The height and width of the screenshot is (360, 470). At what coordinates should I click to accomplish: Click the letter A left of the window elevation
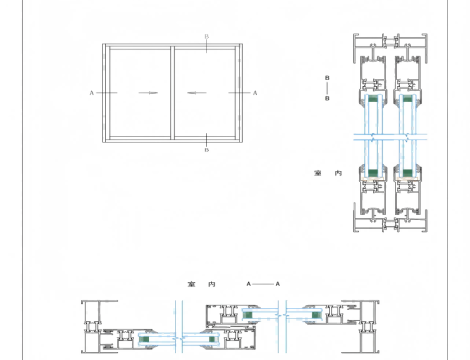91,93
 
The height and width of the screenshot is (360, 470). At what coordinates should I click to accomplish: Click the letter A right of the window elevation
254,93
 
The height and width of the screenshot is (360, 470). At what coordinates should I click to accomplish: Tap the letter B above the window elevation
206,36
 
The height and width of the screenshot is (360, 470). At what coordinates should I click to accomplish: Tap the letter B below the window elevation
206,149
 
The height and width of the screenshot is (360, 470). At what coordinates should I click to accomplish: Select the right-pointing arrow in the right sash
196,93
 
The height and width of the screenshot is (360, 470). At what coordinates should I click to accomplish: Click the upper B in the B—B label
326,78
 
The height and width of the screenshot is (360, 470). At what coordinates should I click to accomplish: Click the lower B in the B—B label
326,97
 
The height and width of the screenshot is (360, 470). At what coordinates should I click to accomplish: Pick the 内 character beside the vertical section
334,173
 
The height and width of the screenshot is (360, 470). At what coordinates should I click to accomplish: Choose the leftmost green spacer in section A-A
145,337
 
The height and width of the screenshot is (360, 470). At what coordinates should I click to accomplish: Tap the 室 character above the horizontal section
191,282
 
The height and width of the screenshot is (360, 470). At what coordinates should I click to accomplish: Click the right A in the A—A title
279,282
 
